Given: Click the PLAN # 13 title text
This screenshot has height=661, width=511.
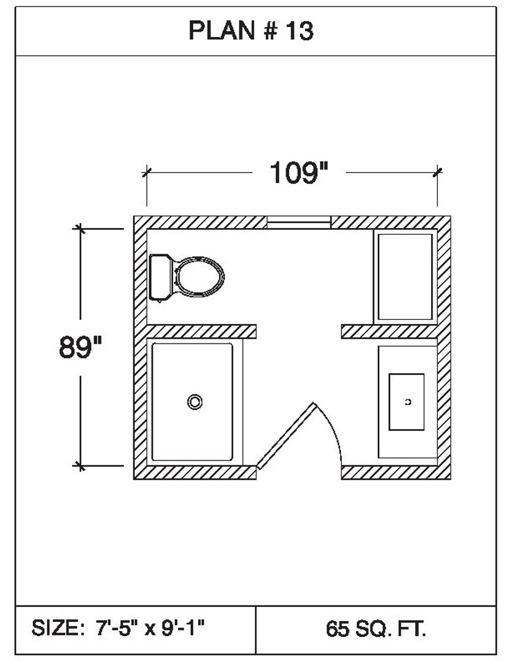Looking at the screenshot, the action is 251,31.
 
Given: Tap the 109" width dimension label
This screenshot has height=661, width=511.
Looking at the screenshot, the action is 299,173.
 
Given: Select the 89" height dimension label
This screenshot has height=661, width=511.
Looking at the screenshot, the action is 80,347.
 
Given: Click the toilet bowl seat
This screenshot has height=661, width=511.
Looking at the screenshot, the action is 199,276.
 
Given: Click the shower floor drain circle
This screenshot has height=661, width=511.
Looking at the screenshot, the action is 195,402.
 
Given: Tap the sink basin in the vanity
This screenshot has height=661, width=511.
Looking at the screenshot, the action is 407,402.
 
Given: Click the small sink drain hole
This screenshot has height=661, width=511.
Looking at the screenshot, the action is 408,402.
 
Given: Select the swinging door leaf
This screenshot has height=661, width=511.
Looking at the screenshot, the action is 287,436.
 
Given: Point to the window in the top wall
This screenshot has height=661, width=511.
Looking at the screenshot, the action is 299,222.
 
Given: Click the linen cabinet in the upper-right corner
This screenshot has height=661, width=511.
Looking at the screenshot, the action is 405,277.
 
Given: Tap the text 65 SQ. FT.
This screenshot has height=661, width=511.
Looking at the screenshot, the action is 376,629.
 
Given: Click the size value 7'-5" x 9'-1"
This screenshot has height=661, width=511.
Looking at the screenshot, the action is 150,628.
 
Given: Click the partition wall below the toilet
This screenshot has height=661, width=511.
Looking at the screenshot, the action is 202,331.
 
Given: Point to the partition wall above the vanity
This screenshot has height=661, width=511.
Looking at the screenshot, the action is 389,331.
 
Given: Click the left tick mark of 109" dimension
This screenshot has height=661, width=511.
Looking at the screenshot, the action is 146,172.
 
